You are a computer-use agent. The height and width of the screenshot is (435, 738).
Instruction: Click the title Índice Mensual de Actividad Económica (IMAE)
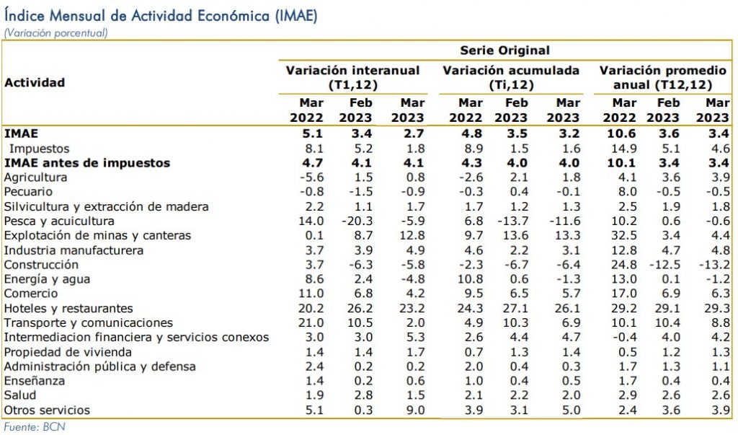[x=160, y=15]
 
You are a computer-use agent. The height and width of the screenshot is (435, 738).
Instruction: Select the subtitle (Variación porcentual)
[x=55, y=32]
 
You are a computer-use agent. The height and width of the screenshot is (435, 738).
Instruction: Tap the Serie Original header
[x=504, y=50]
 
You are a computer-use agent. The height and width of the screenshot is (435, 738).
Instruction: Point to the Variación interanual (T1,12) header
[x=352, y=77]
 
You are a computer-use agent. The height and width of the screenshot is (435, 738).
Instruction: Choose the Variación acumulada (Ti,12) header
[x=510, y=77]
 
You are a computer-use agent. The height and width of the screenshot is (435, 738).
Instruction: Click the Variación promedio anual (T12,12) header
[x=663, y=77]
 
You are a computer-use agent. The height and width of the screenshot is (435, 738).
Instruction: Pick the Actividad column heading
[x=35, y=82]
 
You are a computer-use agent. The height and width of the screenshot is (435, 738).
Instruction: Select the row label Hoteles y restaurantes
[x=68, y=308]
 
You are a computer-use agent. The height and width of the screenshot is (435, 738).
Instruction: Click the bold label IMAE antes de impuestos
[x=87, y=163]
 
